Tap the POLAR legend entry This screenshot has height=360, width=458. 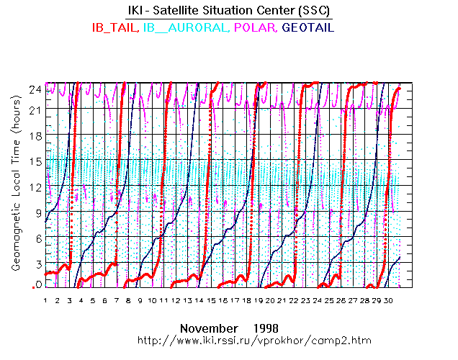coord(257,27)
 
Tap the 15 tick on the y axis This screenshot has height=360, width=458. coord(35,161)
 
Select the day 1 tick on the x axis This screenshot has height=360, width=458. coord(45,300)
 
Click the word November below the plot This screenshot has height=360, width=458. coord(206,327)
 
